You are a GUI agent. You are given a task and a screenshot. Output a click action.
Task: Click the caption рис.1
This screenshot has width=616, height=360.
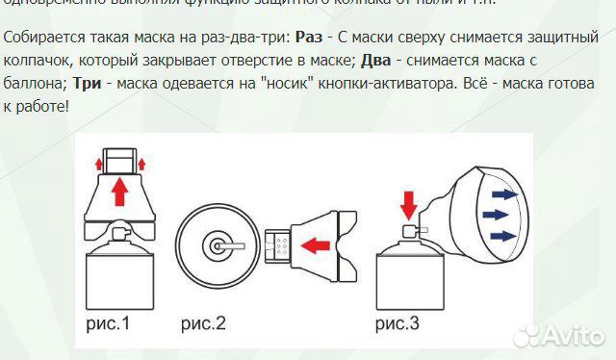tap(109, 322)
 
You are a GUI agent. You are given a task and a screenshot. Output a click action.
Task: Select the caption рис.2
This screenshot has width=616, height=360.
tap(203, 322)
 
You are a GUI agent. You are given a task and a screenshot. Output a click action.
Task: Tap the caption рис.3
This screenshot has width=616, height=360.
tap(397, 322)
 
